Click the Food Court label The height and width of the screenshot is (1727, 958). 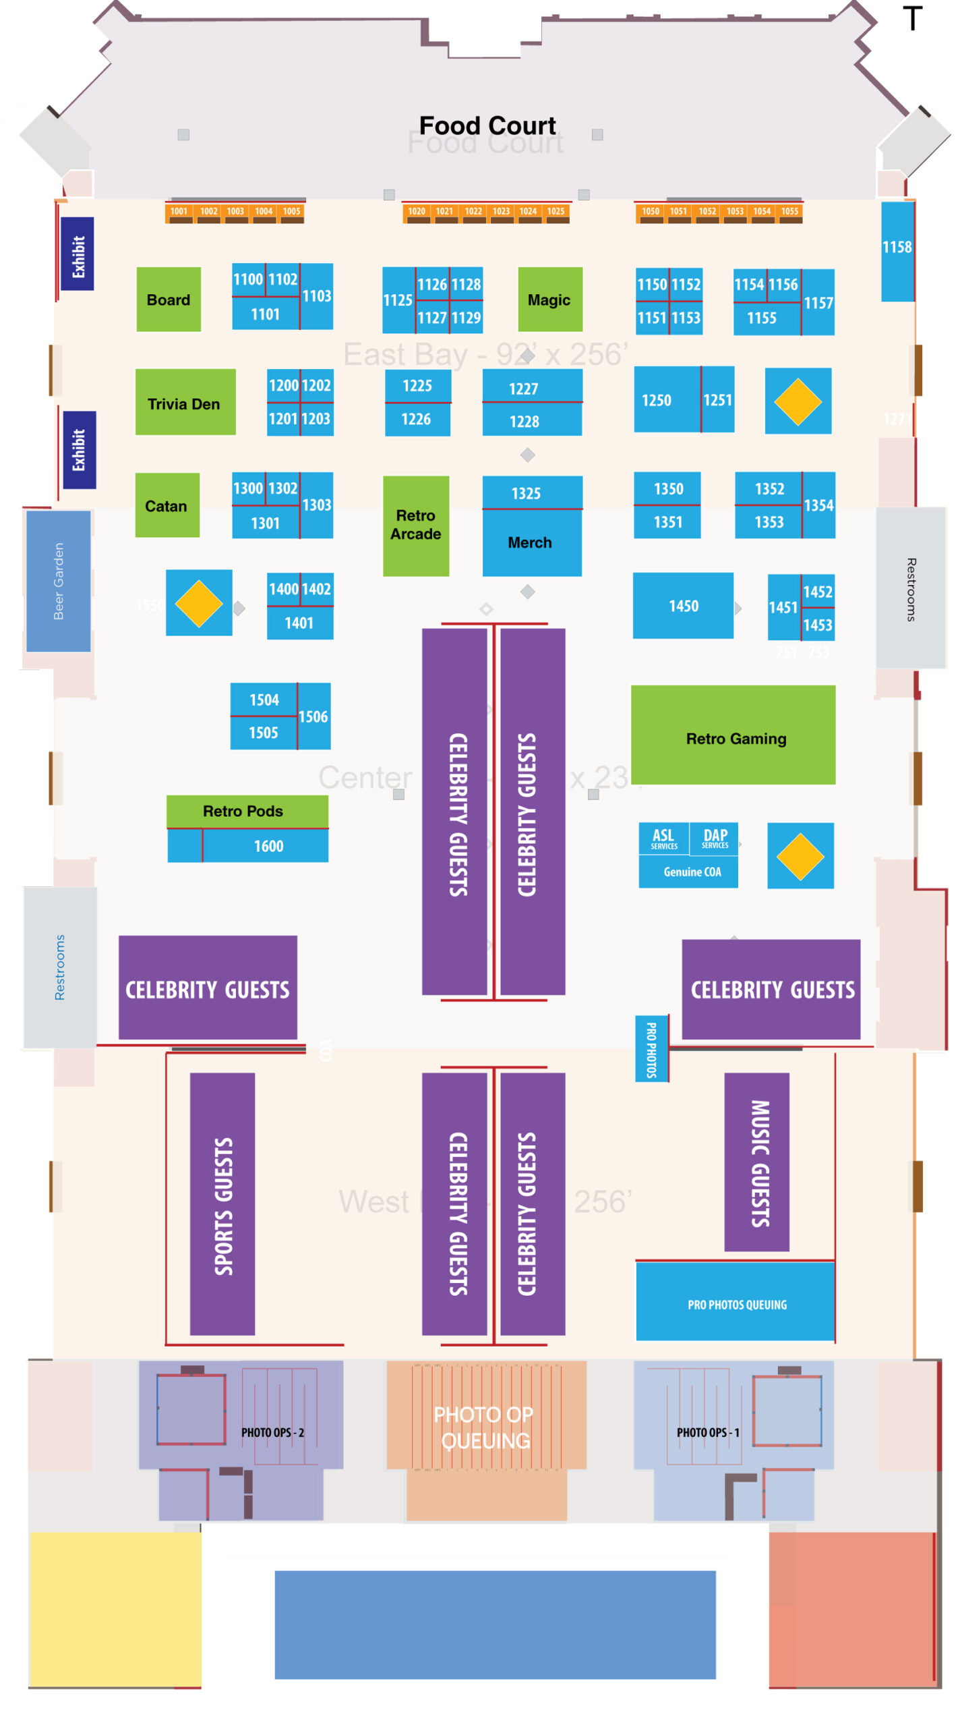pyautogui.click(x=487, y=125)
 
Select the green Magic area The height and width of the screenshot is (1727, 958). pyautogui.click(x=549, y=300)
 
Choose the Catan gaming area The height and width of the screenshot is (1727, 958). pyautogui.click(x=167, y=505)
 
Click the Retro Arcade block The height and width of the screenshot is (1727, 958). pyautogui.click(x=415, y=526)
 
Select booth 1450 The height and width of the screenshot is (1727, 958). pyautogui.click(x=682, y=605)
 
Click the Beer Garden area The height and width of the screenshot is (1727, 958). pyautogui.click(x=58, y=581)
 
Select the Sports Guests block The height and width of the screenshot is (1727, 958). pyautogui.click(x=222, y=1204)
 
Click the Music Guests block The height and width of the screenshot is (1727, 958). pyautogui.click(x=756, y=1162)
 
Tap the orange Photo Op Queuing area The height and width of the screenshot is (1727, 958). pyautogui.click(x=485, y=1426)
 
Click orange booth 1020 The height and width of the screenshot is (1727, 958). pyautogui.click(x=416, y=212)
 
